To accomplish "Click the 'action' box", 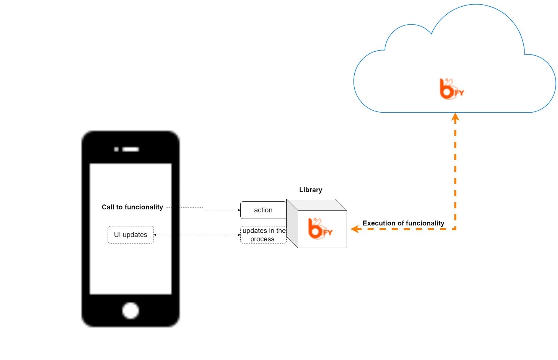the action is click(263, 210).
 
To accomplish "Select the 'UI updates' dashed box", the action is click(130, 235).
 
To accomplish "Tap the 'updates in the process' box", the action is click(263, 235).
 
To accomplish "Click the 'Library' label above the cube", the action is click(311, 190).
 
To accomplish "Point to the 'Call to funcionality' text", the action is click(132, 207).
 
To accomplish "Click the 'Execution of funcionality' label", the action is click(403, 223).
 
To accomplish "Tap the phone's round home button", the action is click(130, 311).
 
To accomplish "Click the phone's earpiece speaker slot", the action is click(130, 149).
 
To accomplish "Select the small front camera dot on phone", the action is click(116, 149).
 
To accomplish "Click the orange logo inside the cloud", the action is click(452, 89).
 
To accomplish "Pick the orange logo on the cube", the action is click(320, 229).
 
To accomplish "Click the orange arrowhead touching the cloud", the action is click(455, 118).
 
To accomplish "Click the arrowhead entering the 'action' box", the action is click(239, 210).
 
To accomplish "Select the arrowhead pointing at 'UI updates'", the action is click(155, 235).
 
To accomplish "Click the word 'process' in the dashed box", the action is click(262, 239).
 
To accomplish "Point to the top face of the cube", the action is click(317, 205).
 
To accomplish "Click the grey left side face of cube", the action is click(292, 223).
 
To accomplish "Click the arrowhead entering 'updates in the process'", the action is click(239, 235).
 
